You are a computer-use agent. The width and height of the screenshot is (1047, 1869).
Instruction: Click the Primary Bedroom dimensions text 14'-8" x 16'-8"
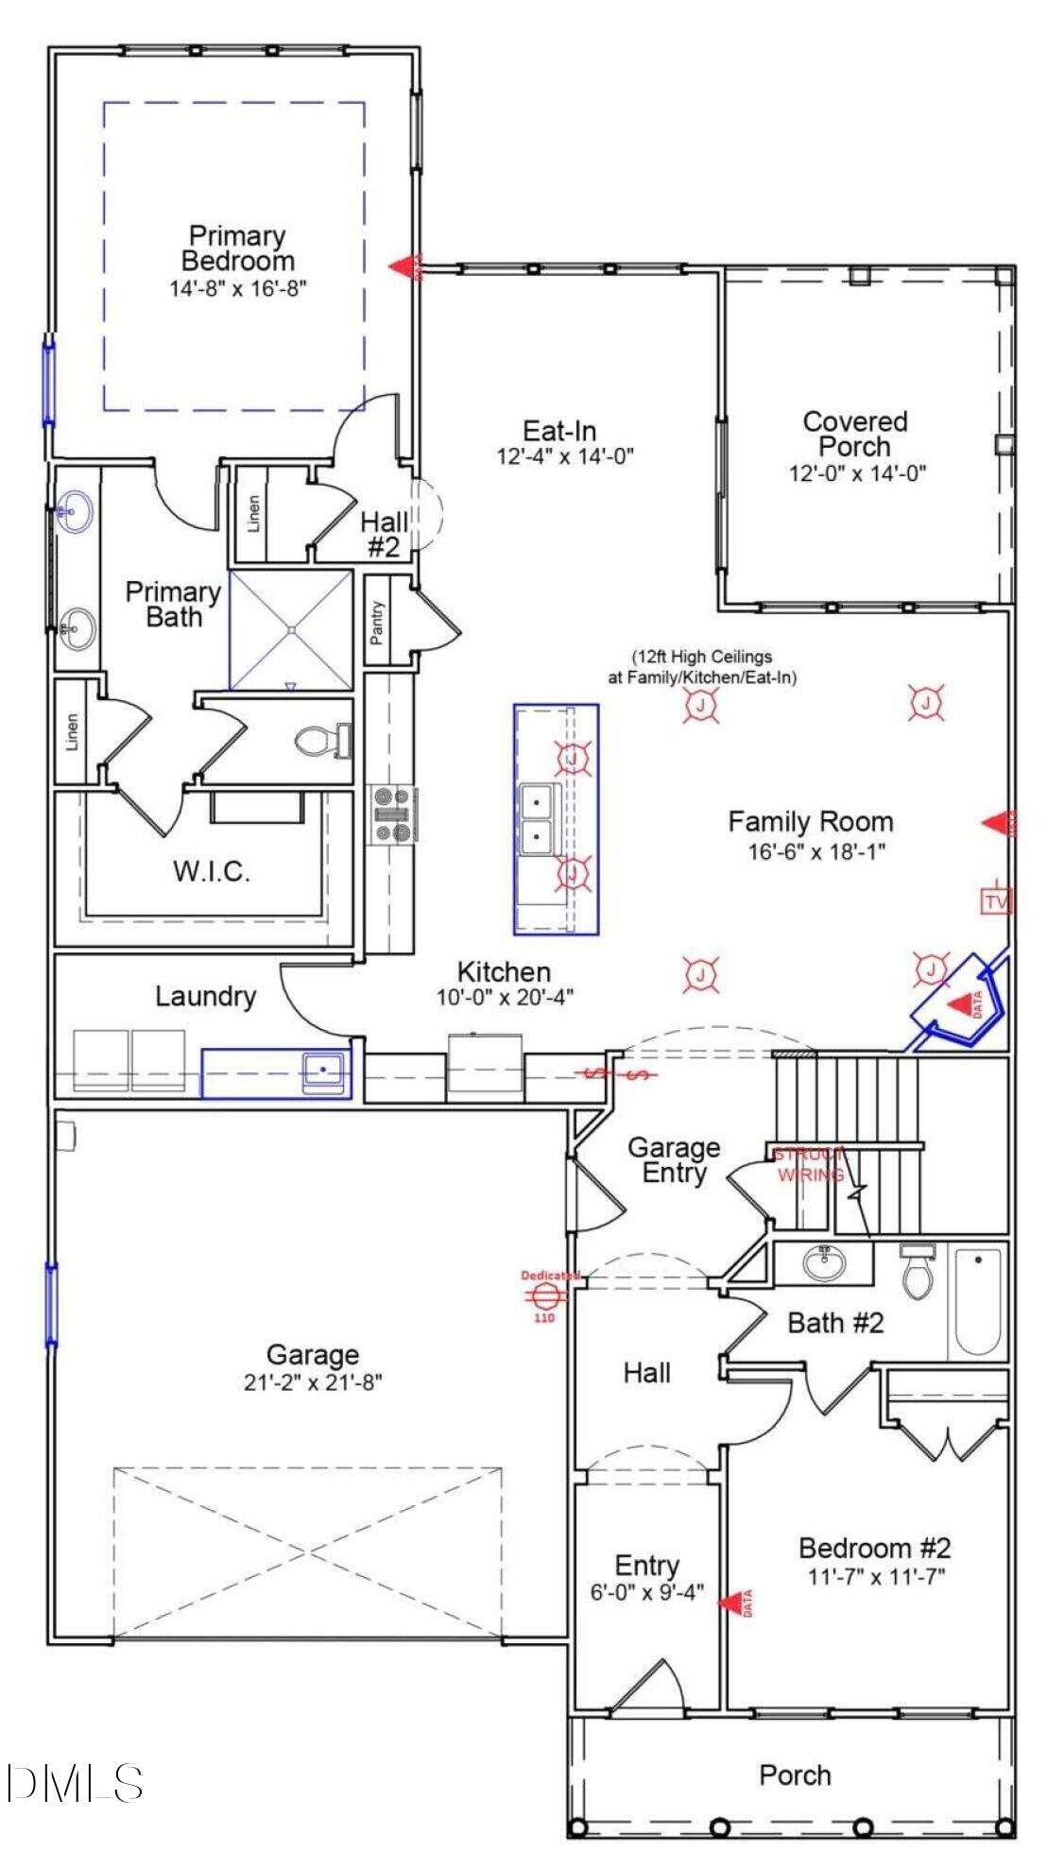click(x=238, y=288)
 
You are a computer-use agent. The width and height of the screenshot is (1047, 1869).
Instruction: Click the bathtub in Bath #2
click(x=977, y=1301)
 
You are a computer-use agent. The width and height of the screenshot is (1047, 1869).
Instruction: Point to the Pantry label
click(x=378, y=621)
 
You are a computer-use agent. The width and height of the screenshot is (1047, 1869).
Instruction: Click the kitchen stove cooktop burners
click(x=392, y=814)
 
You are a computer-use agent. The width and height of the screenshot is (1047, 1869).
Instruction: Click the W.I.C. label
click(x=212, y=871)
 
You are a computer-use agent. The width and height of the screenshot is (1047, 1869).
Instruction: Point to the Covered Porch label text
click(x=855, y=434)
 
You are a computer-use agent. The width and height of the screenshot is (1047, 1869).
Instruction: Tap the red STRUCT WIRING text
click(x=809, y=1165)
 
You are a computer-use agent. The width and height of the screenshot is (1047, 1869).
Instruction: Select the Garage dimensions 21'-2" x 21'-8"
click(x=312, y=1382)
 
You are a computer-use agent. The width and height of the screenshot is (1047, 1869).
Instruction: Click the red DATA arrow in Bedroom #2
click(x=729, y=1602)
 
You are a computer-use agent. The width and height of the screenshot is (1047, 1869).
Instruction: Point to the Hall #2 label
click(x=385, y=534)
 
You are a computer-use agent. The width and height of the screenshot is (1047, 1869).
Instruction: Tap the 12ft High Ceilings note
click(x=701, y=666)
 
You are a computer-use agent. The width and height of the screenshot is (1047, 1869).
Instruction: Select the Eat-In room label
click(x=559, y=431)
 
